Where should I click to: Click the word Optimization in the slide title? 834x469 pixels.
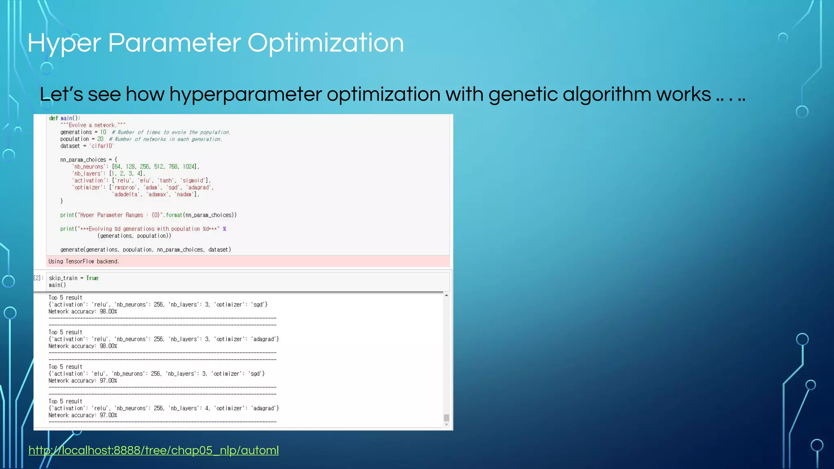tap(325, 43)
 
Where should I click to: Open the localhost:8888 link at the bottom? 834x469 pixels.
tap(154, 450)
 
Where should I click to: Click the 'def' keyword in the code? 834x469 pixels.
tap(53, 118)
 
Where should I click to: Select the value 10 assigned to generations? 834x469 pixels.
tap(103, 132)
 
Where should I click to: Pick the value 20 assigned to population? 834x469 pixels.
tap(100, 139)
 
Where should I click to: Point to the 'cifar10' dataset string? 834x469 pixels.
tap(101, 146)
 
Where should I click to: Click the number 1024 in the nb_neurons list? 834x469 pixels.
tap(189, 167)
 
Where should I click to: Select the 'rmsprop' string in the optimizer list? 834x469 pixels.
tap(124, 187)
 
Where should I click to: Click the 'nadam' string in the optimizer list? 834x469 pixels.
tap(184, 194)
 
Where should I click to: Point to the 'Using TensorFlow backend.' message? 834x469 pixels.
tap(84, 261)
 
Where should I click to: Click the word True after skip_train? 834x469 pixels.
tap(92, 278)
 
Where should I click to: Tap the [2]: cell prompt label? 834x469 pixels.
tap(38, 278)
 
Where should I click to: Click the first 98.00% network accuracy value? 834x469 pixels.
tap(108, 311)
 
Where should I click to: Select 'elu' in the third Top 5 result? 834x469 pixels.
tap(99, 374)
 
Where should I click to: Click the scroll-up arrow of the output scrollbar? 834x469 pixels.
tap(446, 296)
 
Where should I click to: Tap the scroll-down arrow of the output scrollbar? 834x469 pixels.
tap(446, 425)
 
